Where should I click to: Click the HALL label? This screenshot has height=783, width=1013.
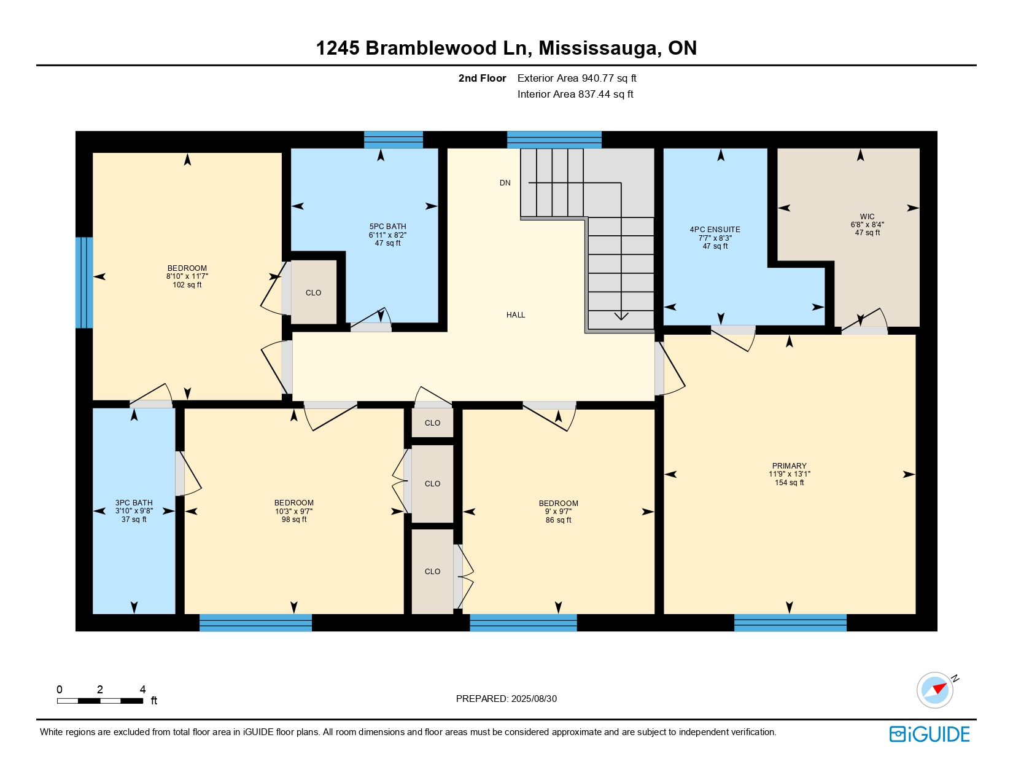point(516,315)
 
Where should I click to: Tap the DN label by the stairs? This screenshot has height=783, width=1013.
point(505,183)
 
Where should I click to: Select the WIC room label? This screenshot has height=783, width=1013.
point(867,217)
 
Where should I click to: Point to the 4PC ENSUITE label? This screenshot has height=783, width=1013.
point(715,230)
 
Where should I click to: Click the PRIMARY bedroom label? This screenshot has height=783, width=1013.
point(789,466)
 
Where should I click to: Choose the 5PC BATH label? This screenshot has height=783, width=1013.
point(387,227)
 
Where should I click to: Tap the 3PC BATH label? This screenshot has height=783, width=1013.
point(134,503)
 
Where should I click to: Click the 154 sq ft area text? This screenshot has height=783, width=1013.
point(789,483)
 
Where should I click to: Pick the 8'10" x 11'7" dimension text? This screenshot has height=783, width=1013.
point(187,277)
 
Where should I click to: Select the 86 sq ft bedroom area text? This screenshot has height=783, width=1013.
point(558,520)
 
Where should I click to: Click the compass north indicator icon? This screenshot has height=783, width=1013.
point(936,690)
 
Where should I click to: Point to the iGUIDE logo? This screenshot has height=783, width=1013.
point(930,734)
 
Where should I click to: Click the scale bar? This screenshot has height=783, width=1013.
point(100,701)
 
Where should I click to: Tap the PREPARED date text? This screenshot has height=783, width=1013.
point(506,699)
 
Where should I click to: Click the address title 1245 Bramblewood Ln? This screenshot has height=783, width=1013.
point(506,48)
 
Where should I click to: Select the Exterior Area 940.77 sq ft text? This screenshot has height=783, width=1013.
point(576,78)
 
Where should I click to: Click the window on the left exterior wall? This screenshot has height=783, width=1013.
point(84,282)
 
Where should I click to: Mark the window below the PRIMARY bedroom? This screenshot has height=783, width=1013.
point(790,623)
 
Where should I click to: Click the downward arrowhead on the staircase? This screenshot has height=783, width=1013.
point(621,316)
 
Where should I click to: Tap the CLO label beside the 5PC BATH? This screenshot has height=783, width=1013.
point(313,293)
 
